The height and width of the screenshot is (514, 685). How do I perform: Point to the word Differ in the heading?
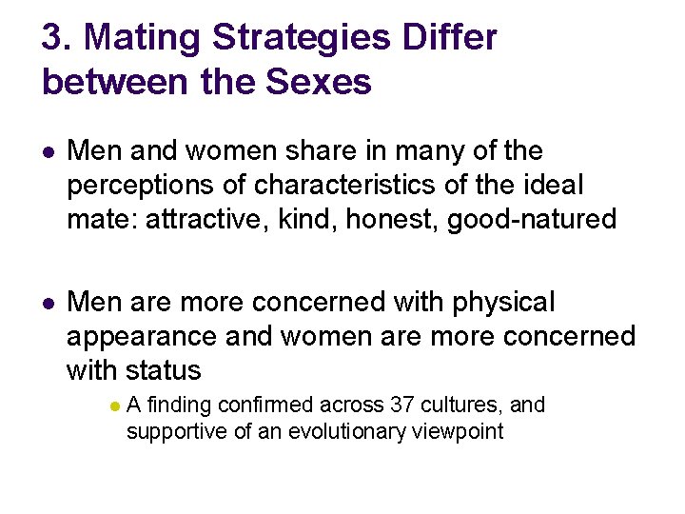click(450, 39)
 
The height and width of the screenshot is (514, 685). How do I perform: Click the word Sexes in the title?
click(320, 83)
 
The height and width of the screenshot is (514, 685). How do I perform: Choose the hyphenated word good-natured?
click(532, 220)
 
